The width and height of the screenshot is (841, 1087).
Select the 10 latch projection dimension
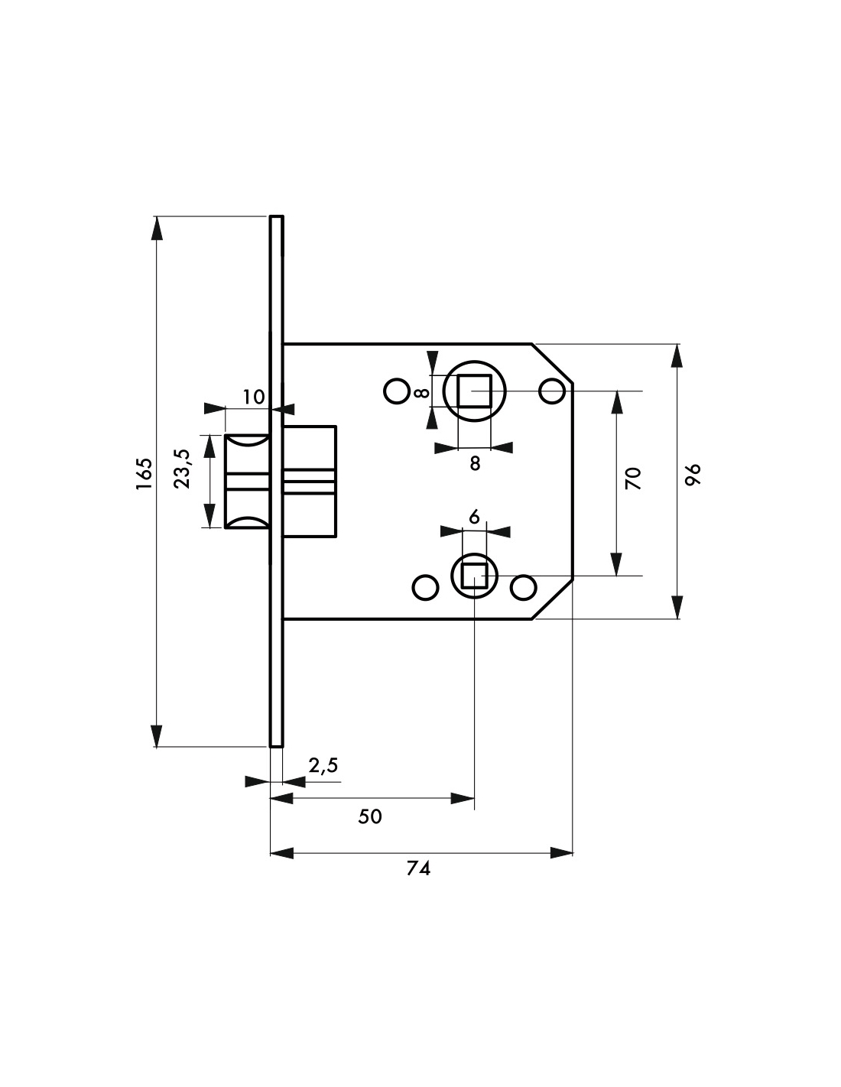(x=253, y=397)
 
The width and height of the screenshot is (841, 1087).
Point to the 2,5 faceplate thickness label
(x=323, y=765)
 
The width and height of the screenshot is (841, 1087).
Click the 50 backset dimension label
(x=370, y=816)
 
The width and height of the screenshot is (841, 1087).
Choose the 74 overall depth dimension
(x=419, y=869)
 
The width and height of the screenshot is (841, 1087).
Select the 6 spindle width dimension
(x=474, y=518)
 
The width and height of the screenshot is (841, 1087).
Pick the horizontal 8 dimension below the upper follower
(x=475, y=462)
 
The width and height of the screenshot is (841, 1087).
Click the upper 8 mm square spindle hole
(x=474, y=391)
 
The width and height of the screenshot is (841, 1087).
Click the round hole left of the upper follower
(x=396, y=391)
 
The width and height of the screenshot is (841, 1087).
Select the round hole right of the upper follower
(x=550, y=391)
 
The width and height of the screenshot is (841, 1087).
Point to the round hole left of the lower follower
(x=426, y=588)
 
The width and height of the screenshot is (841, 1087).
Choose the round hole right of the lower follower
(x=524, y=588)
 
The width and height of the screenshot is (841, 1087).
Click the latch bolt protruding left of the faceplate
(x=246, y=481)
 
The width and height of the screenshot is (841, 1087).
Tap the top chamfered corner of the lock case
(x=553, y=363)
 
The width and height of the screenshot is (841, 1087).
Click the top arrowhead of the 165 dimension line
(x=157, y=228)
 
